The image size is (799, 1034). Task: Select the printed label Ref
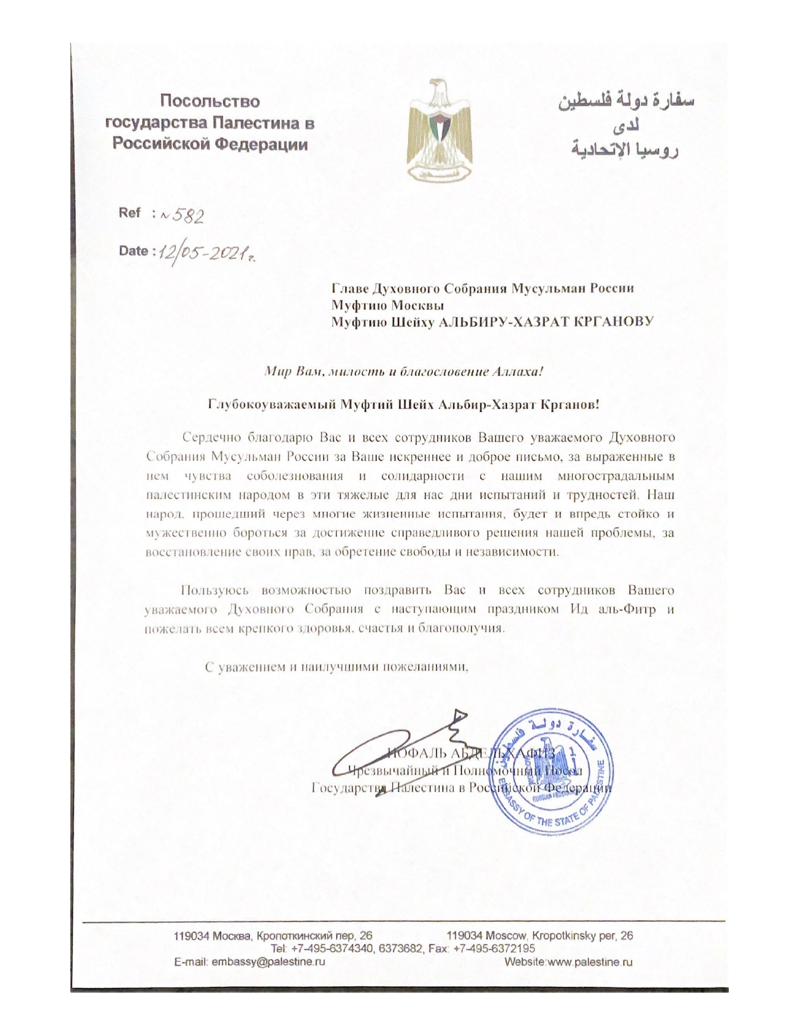pos(130,212)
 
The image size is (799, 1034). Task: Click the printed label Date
pos(133,251)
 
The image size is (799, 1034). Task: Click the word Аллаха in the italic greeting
pos(517,372)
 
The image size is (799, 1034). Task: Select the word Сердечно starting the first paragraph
pos(211,436)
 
